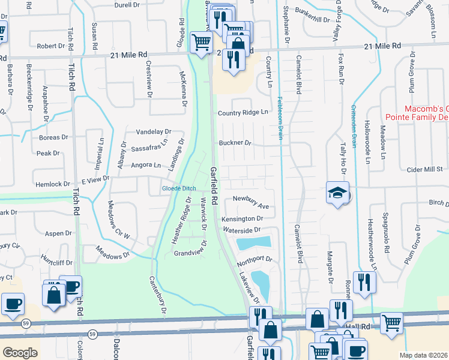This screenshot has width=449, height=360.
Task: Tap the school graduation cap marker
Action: click(x=337, y=193)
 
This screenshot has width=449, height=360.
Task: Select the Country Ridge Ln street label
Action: click(x=243, y=113)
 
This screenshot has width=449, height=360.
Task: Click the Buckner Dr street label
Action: click(x=234, y=143)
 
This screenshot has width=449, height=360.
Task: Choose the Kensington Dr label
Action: click(x=242, y=220)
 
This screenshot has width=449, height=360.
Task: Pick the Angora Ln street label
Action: click(x=146, y=165)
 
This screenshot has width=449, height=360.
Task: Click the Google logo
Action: click(x=20, y=352)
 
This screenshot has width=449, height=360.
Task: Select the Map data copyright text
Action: click(x=424, y=355)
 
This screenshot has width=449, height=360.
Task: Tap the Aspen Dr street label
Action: click(x=59, y=232)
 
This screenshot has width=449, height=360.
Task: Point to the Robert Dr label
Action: click(x=50, y=46)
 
